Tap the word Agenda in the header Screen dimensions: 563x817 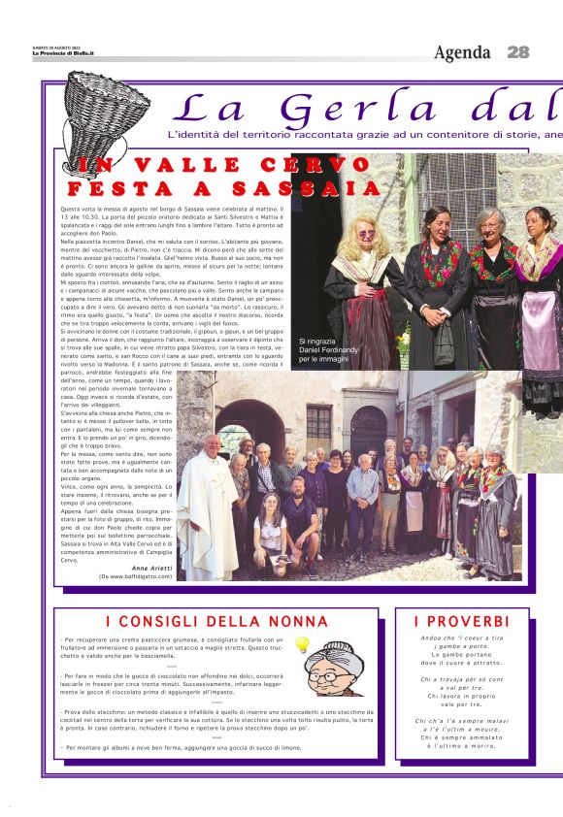pos(463,52)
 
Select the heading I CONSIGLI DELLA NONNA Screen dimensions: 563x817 pos(216,621)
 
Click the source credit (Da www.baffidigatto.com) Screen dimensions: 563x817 pos(135,576)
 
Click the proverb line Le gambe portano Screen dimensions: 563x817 pos(461,655)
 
